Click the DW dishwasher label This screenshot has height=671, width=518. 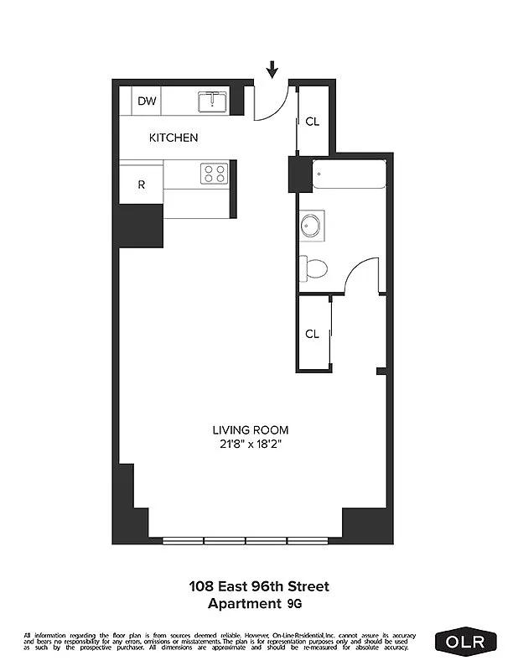[x=147, y=101]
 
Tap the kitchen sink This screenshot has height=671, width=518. [x=213, y=101]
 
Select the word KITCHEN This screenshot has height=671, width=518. [x=174, y=138]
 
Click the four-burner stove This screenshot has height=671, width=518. [x=213, y=174]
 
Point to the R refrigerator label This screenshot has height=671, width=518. [x=142, y=185]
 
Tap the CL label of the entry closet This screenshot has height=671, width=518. [x=313, y=122]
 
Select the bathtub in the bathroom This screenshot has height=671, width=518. [x=349, y=176]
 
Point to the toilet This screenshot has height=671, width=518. [x=313, y=268]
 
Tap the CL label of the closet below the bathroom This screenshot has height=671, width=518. [x=313, y=334]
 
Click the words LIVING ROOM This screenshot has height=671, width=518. [x=246, y=431]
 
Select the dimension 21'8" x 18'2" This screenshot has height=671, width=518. [x=246, y=445]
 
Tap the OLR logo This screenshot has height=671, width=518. [x=466, y=641]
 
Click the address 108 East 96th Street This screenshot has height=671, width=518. [x=264, y=586]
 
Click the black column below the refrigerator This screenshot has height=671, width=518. [x=139, y=225]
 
